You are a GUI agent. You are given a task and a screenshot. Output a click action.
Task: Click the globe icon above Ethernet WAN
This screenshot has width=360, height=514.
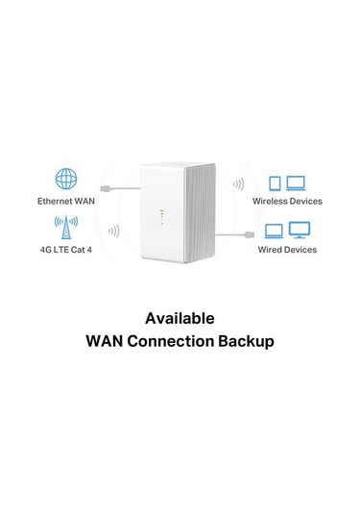pyautogui.click(x=65, y=181)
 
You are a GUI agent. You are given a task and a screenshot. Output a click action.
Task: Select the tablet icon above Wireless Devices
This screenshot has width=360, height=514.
pyautogui.click(x=274, y=183)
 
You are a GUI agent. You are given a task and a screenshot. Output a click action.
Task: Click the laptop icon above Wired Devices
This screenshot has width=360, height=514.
pyautogui.click(x=274, y=231)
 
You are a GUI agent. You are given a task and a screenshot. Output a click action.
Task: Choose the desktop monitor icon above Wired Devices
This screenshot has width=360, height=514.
pyautogui.click(x=299, y=231)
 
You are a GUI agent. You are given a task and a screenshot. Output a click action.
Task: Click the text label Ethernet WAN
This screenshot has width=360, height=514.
pyautogui.click(x=65, y=202)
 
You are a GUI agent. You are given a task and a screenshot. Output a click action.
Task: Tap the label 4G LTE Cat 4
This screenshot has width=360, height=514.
pyautogui.click(x=65, y=251)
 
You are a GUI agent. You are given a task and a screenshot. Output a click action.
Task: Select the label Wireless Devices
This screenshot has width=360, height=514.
pyautogui.click(x=287, y=202)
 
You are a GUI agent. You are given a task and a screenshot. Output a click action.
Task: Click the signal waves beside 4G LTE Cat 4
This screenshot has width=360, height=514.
pyautogui.click(x=114, y=231)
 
